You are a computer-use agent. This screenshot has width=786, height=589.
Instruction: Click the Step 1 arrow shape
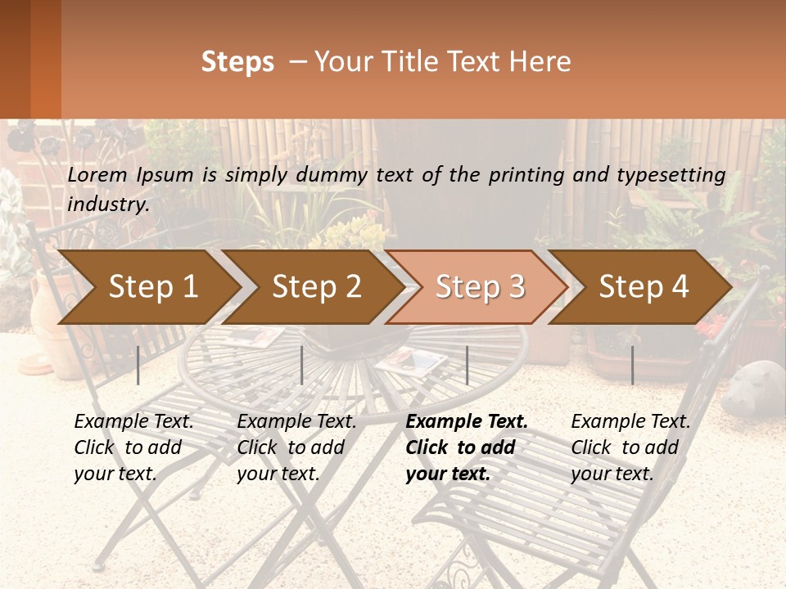(152, 286)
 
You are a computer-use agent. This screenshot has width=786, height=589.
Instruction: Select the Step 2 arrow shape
(316, 286)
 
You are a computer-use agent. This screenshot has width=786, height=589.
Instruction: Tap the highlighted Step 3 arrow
(480, 286)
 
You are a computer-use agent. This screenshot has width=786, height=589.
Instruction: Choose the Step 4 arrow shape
(644, 286)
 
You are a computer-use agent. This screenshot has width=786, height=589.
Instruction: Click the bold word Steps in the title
(237, 62)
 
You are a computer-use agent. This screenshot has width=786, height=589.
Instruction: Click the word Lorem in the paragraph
(97, 175)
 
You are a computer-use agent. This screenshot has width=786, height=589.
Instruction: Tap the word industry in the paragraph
(108, 205)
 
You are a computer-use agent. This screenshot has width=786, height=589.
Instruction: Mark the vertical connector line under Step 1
(138, 365)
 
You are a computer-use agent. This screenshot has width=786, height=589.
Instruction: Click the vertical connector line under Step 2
(302, 365)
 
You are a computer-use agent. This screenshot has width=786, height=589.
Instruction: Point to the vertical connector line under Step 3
(467, 365)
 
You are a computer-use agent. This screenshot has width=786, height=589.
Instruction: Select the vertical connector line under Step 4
(632, 365)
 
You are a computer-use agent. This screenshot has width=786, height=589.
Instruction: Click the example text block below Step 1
(133, 447)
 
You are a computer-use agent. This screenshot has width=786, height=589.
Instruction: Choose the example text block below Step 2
(296, 447)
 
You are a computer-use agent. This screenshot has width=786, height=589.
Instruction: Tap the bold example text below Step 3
(467, 447)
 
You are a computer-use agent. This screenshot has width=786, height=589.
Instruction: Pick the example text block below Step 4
(630, 447)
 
